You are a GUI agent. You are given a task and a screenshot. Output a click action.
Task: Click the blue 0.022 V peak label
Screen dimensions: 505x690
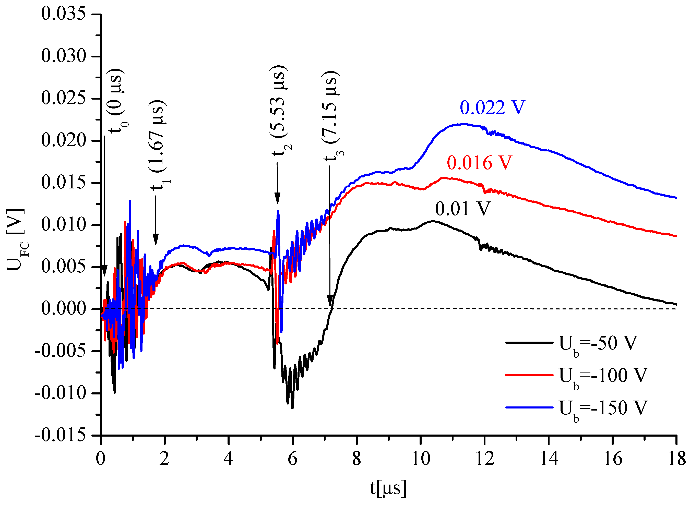(x=492, y=107)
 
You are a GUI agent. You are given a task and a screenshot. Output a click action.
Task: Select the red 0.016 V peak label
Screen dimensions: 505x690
(x=479, y=162)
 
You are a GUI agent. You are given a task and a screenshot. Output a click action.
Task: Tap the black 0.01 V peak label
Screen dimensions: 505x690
(x=462, y=209)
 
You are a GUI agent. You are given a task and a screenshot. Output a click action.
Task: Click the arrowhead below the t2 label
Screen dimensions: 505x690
(x=277, y=199)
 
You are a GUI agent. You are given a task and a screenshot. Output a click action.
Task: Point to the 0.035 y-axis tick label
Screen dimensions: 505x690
(x=64, y=14)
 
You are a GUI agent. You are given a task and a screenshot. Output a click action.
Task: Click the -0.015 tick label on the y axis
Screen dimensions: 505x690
(x=61, y=435)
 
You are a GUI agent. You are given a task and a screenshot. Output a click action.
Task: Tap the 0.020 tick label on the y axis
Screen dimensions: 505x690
(x=64, y=140)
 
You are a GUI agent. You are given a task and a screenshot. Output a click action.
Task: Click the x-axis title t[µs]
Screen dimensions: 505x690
(x=388, y=488)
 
